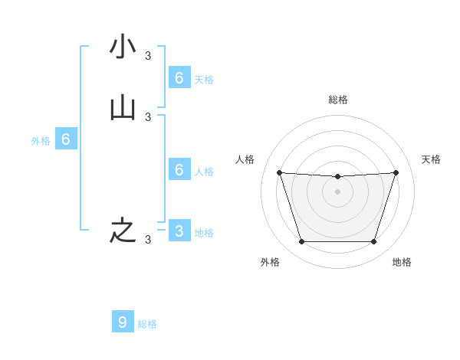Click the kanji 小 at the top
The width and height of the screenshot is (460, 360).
click(123, 47)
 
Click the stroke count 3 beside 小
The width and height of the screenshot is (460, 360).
click(148, 55)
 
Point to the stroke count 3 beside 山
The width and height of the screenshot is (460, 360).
click(148, 117)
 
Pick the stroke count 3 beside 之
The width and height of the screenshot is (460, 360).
click(148, 240)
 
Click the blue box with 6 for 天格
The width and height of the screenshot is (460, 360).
click(179, 77)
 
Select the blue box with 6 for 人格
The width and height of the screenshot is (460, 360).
click(179, 170)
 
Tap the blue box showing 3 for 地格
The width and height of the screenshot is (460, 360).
click(179, 231)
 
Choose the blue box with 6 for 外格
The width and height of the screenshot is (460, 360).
click(66, 139)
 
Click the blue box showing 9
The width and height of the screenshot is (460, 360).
click(123, 322)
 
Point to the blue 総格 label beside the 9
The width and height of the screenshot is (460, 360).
click(147, 324)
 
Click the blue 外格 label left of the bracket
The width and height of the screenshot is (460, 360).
click(41, 141)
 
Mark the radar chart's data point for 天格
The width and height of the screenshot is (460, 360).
click(396, 172)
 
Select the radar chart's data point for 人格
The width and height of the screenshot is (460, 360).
click(279, 172)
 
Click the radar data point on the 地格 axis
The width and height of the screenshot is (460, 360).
click(373, 242)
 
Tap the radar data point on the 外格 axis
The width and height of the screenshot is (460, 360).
click(301, 242)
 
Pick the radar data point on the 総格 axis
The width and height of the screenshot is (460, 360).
click(337, 177)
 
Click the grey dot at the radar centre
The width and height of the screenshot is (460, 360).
click(337, 191)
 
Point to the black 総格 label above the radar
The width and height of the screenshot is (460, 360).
click(337, 100)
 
